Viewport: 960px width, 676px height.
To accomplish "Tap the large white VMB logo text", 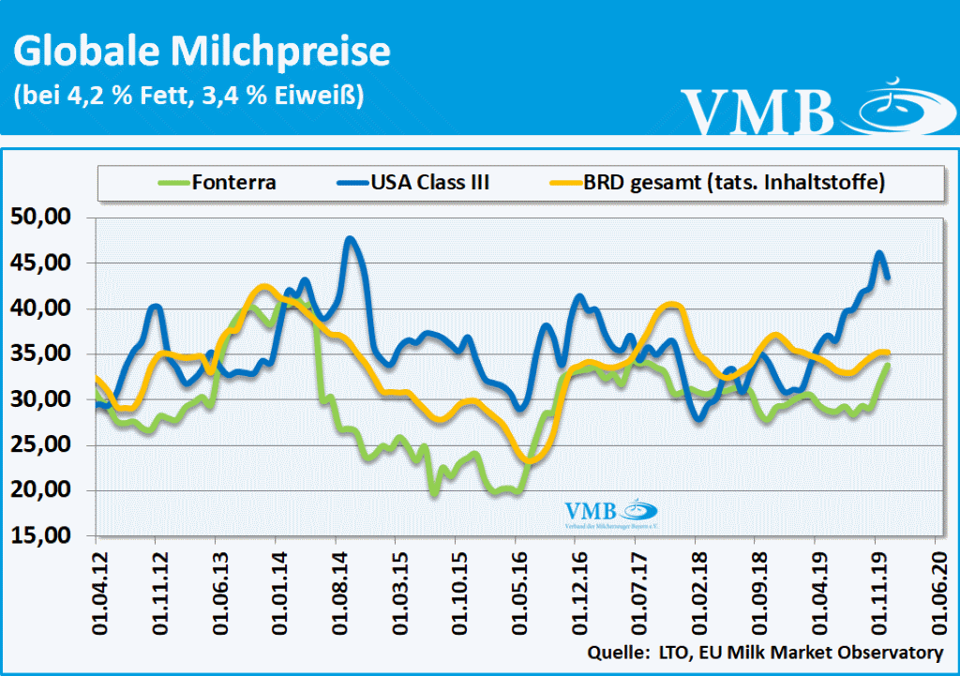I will [757, 110].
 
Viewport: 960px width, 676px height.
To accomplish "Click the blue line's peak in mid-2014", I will [351, 238].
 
